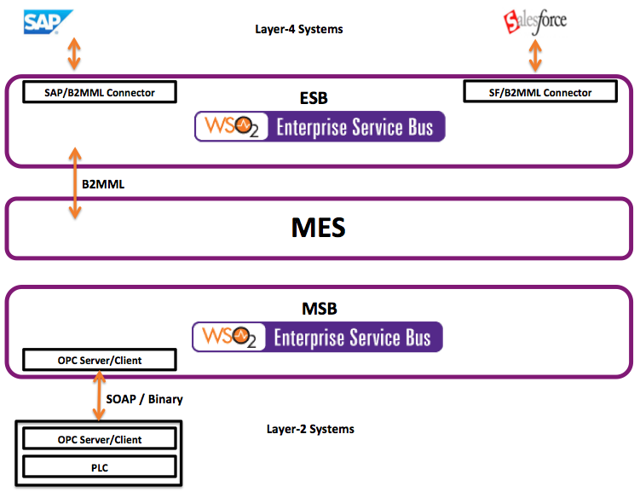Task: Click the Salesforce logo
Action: [x=535, y=21]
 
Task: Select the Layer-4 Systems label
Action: [x=299, y=29]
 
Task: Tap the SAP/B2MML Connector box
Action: [x=100, y=92]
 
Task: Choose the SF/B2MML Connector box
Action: [x=540, y=91]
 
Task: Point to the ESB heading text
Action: [x=314, y=98]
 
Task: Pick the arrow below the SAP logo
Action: [x=74, y=54]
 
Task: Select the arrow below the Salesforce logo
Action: [x=535, y=57]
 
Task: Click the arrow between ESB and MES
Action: [x=75, y=183]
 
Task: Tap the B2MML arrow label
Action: [x=103, y=184]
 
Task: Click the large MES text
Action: [x=319, y=228]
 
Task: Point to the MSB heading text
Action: [x=320, y=309]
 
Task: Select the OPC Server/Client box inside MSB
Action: [x=100, y=360]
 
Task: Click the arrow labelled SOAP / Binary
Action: [x=99, y=396]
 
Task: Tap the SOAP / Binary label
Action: [x=144, y=399]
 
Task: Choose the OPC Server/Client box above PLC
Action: [x=100, y=439]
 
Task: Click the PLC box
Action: [x=100, y=466]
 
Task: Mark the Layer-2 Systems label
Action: [x=310, y=430]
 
